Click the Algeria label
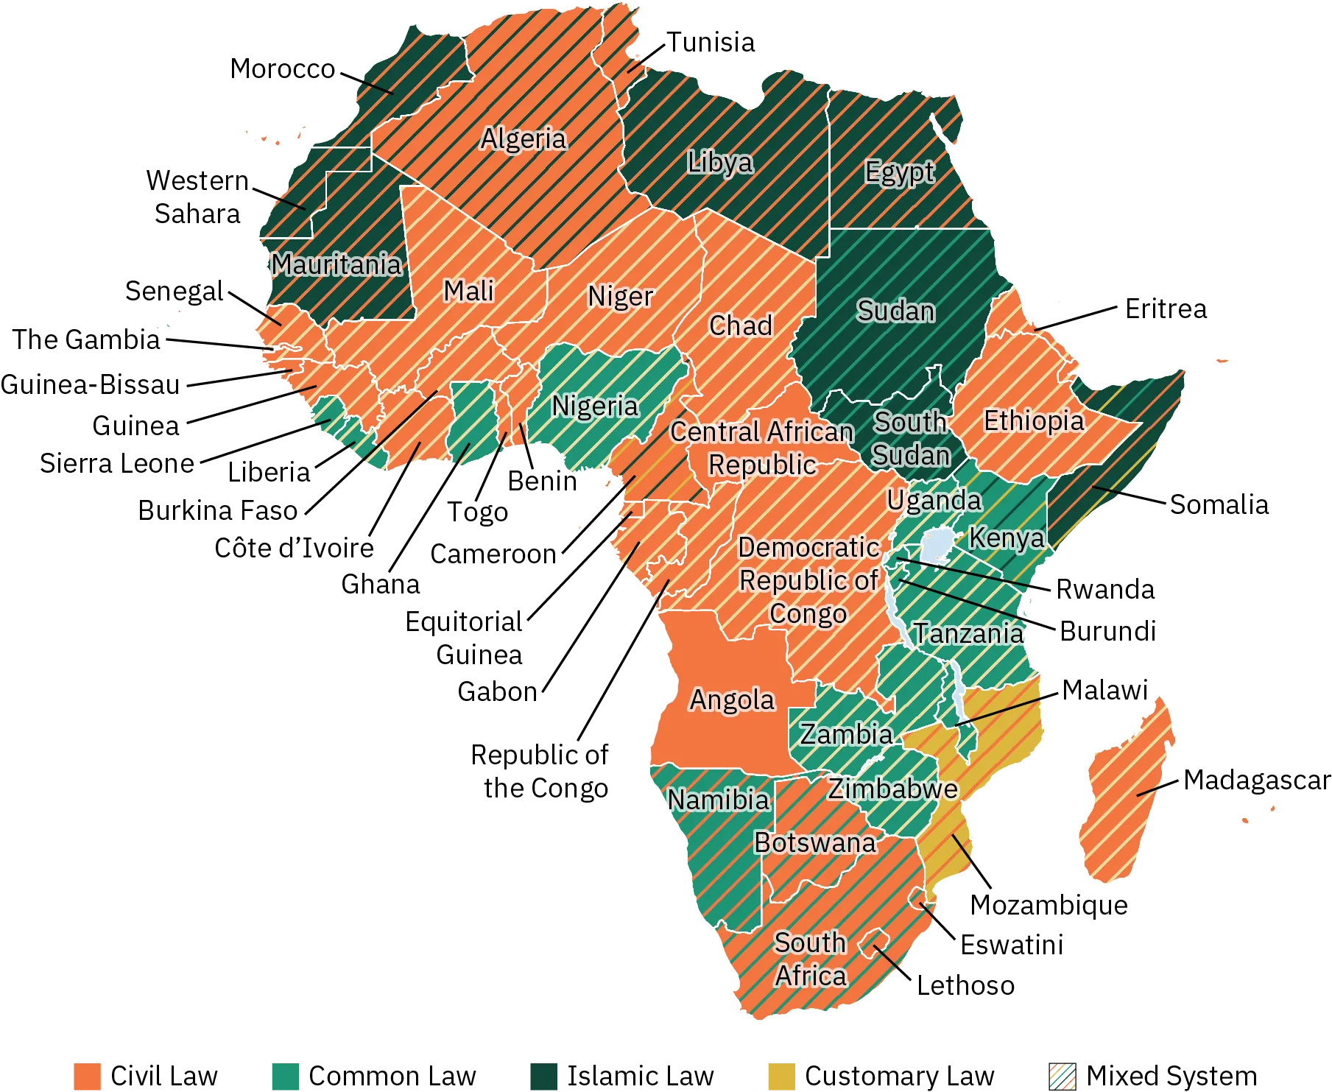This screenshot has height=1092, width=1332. click(524, 138)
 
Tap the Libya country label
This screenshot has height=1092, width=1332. click(720, 162)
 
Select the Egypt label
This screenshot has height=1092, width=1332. click(899, 172)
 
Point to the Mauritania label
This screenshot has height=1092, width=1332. click(336, 264)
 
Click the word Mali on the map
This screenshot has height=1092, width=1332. click(468, 291)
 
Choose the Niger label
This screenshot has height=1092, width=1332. click(620, 296)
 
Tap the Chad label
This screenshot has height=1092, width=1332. click(741, 325)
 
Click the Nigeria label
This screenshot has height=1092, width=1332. click(595, 406)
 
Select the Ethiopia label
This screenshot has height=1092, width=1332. click(1034, 421)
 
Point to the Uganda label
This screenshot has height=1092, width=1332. click(934, 500)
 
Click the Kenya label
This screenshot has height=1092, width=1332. click(1006, 538)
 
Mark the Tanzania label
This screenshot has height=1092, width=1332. click(968, 633)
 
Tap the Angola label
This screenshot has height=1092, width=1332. click(732, 700)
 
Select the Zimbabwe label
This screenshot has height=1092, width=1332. click(892, 789)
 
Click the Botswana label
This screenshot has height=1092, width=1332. click(815, 842)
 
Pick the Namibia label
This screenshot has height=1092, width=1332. click(718, 800)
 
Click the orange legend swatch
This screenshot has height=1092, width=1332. click(88, 1076)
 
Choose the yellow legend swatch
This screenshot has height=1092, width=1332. click(780, 1076)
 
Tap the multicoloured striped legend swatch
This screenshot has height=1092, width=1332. click(1063, 1076)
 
